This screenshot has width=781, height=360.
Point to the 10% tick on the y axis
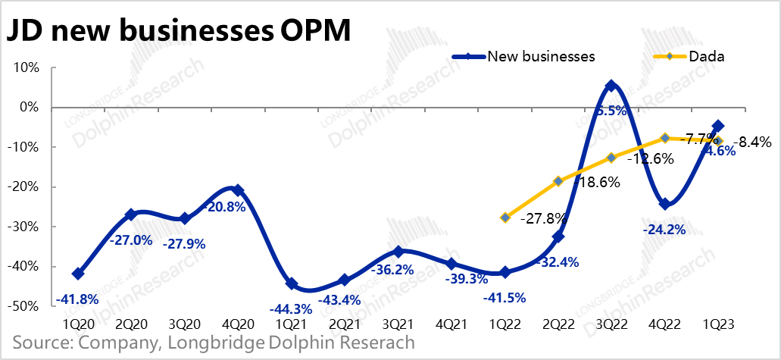pyautogui.click(x=25, y=67)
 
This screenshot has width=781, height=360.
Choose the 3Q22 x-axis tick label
pyautogui.click(x=611, y=324)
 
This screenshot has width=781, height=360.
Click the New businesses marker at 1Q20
pyautogui.click(x=78, y=274)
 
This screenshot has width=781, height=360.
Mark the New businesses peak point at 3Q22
pyautogui.click(x=611, y=86)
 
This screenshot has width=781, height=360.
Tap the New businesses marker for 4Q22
pyautogui.click(x=664, y=204)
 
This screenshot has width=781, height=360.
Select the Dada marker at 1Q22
pyautogui.click(x=505, y=218)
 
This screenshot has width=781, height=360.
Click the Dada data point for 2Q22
pyautogui.click(x=558, y=181)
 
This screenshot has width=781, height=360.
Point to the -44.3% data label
pyautogui.click(x=291, y=308)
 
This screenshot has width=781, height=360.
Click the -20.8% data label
pyautogui.click(x=224, y=207)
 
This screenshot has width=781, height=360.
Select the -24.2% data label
pyautogui.click(x=664, y=229)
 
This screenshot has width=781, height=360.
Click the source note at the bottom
pyautogui.click(x=214, y=343)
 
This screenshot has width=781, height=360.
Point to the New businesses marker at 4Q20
pyautogui.click(x=238, y=190)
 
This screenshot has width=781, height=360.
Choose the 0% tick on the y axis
pyautogui.click(x=28, y=107)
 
